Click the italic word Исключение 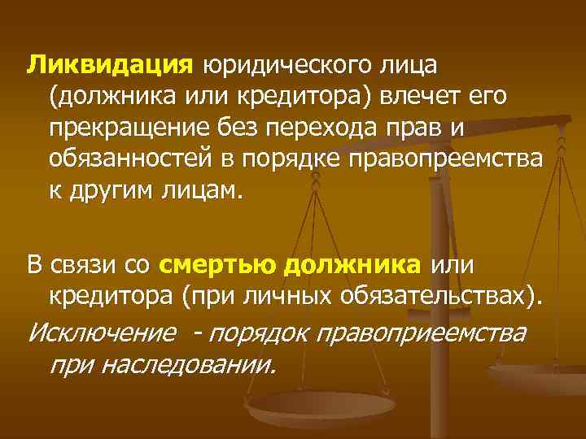point(102,333)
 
